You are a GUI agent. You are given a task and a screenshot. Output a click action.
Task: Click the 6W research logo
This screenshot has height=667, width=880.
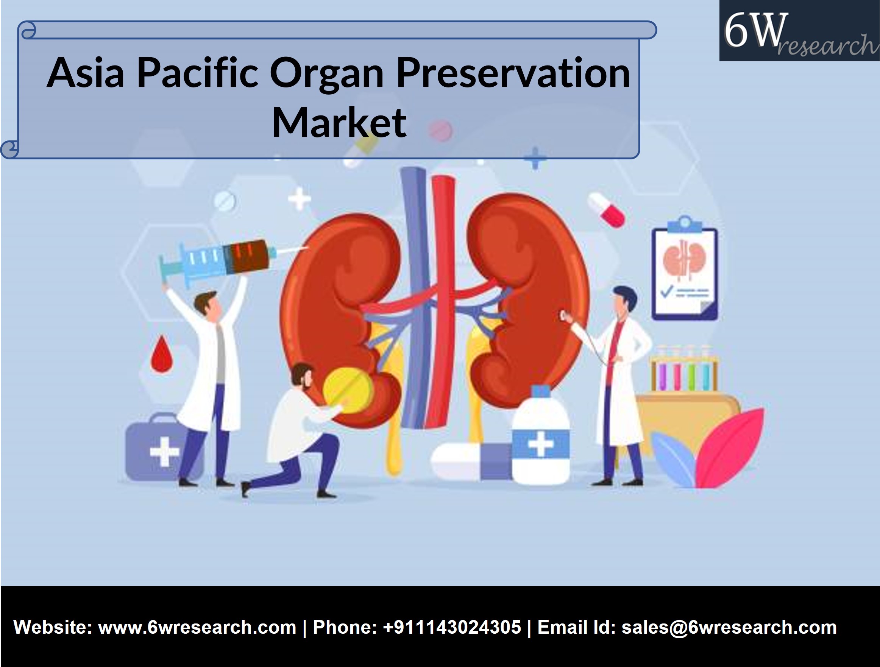pos(799,31)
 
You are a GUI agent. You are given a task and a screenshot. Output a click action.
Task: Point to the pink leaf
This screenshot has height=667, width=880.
pos(730,447)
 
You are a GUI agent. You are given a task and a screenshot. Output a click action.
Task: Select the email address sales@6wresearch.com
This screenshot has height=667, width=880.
pos(729,627)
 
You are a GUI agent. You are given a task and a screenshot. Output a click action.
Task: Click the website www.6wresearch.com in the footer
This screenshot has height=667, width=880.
pos(197,627)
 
